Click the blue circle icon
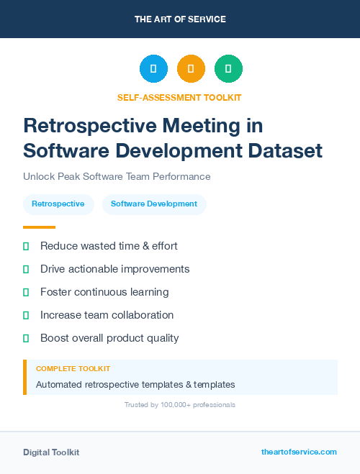coord(153,69)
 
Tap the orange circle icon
coord(191,69)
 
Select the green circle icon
coord(228,69)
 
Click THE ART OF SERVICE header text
coord(180,19)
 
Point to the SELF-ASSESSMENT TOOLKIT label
coord(179,97)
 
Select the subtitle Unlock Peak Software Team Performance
coord(117,176)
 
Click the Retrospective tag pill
coord(58,204)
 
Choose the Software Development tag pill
coord(154,204)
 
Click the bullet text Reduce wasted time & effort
coord(109,246)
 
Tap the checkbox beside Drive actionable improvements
coord(26,269)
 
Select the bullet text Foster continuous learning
coord(104,292)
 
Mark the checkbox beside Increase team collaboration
coord(26,315)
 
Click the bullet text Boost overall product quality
coord(109,338)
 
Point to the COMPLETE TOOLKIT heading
coord(73,368)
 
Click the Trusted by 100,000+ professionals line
coord(180,405)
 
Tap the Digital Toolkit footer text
coord(51,452)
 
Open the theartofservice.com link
coord(299,452)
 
